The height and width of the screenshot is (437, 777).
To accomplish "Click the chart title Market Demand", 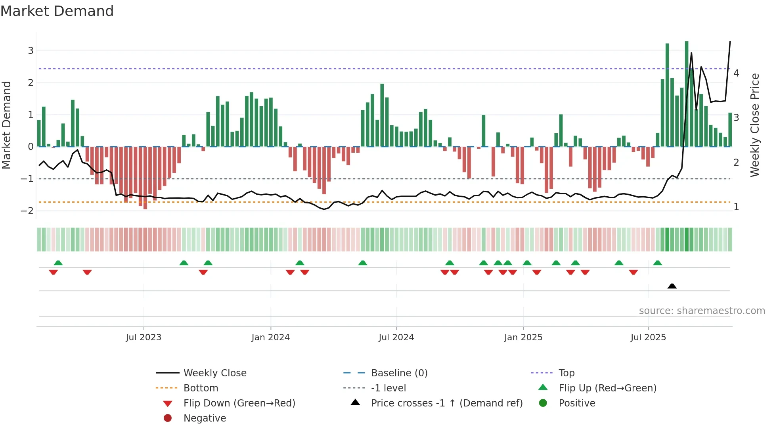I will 57,11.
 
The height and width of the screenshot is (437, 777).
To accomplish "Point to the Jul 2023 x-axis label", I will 144,337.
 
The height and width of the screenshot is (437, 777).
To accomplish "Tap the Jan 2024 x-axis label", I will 271,337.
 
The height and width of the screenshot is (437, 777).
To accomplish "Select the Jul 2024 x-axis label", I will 396,337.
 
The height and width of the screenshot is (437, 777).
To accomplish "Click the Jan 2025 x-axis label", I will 523,337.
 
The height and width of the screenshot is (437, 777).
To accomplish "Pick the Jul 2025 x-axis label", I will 649,337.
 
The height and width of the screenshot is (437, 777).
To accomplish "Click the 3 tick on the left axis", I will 31,51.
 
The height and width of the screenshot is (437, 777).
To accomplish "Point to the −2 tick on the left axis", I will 27,211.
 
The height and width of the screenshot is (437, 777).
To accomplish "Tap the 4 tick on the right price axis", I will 736,73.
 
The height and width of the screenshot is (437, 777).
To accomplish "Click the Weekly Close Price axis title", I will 755,125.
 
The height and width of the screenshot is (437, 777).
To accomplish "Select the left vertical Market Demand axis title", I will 6,125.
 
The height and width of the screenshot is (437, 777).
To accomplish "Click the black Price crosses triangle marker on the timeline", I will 672,286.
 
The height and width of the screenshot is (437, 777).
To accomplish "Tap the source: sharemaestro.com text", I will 702,311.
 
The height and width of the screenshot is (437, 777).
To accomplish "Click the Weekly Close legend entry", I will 214,373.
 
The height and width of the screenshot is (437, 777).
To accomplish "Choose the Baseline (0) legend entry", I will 399,373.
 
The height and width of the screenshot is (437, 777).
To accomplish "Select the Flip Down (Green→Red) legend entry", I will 239,403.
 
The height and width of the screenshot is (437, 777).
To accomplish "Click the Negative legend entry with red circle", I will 205,418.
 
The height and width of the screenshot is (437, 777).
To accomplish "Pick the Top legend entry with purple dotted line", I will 566,373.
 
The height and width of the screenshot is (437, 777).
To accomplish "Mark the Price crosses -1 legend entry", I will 446,403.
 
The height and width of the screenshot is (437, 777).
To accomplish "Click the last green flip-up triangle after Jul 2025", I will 658,263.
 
